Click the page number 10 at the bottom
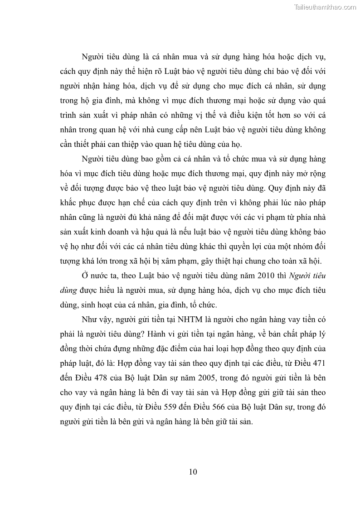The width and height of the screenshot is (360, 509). tap(193, 471)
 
